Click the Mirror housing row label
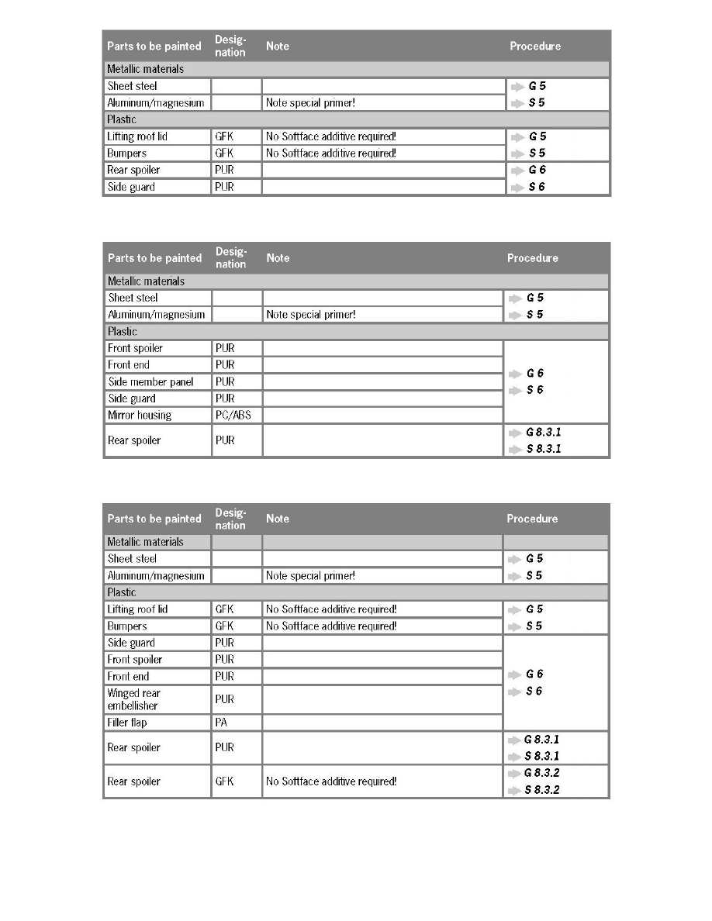click(x=139, y=416)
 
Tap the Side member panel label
click(x=150, y=382)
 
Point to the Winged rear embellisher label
click(x=133, y=699)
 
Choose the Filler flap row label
click(x=127, y=723)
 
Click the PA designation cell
click(x=221, y=723)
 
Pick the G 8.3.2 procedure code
click(x=542, y=773)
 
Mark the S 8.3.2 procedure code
click(x=542, y=790)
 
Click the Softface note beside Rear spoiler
click(x=331, y=781)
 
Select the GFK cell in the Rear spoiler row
click(x=224, y=781)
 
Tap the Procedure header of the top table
click(x=535, y=47)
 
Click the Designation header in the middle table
click(x=230, y=258)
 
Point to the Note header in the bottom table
click(x=278, y=519)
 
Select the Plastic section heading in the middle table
click(x=123, y=332)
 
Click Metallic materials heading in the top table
click(x=145, y=69)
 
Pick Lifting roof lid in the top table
click(x=137, y=136)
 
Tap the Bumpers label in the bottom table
click(x=126, y=626)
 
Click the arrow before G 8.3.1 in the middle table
click(x=513, y=433)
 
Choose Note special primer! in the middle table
click(x=310, y=315)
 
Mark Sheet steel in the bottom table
click(x=132, y=559)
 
